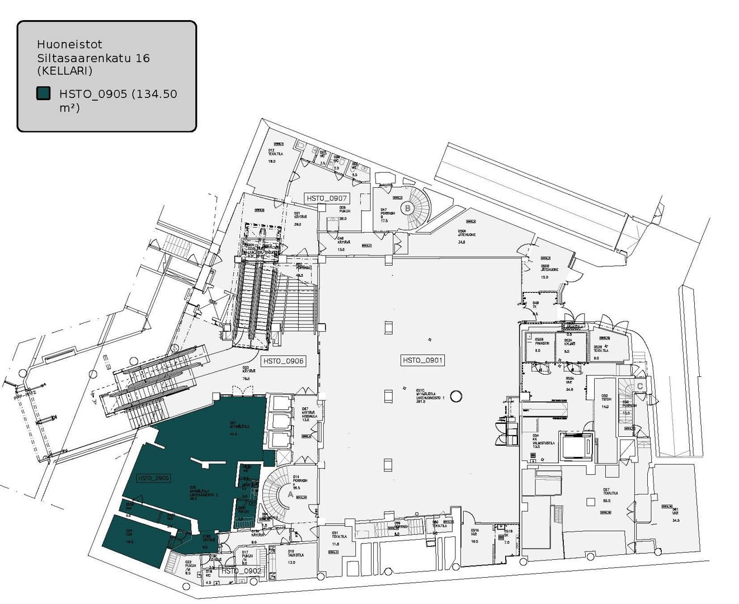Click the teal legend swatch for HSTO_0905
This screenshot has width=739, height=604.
pos(43,93)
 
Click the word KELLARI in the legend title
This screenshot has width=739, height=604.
pos(65,71)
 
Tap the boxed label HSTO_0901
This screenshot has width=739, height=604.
pos(422,360)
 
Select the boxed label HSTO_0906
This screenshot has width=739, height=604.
pos(283,361)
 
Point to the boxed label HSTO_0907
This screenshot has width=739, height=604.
pos(327,198)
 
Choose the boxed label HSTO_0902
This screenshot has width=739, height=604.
pos(241,571)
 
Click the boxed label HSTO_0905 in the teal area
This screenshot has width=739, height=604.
pos(153,478)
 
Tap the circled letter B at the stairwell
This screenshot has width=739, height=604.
pos(408,208)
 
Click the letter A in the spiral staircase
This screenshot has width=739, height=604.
pos(290,494)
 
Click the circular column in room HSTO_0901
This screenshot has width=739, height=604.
pos(456,396)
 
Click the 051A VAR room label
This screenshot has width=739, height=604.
pos(474,534)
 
